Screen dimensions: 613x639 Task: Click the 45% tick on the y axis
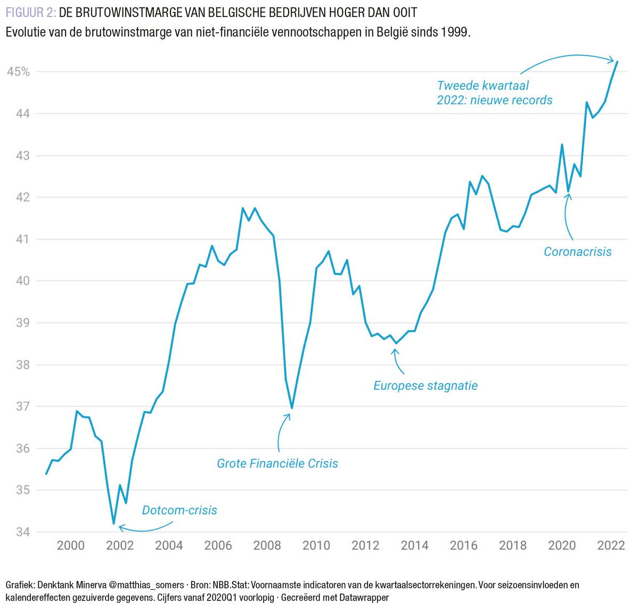18,72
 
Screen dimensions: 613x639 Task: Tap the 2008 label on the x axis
267,545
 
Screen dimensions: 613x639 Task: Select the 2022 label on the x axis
611,545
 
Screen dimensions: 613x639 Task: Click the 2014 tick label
414,545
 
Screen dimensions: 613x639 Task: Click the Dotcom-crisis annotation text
179,510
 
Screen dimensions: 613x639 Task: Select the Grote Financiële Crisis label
277,463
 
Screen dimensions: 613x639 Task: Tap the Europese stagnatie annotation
425,386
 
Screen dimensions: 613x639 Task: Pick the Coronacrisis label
577,252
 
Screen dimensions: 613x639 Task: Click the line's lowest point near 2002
113,524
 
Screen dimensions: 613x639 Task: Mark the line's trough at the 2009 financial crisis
291,408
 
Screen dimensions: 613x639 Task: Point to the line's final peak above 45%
617,62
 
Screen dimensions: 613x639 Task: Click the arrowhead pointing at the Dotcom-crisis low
120,527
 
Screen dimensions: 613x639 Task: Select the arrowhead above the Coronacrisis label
569,195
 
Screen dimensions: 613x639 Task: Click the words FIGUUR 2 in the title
31,12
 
